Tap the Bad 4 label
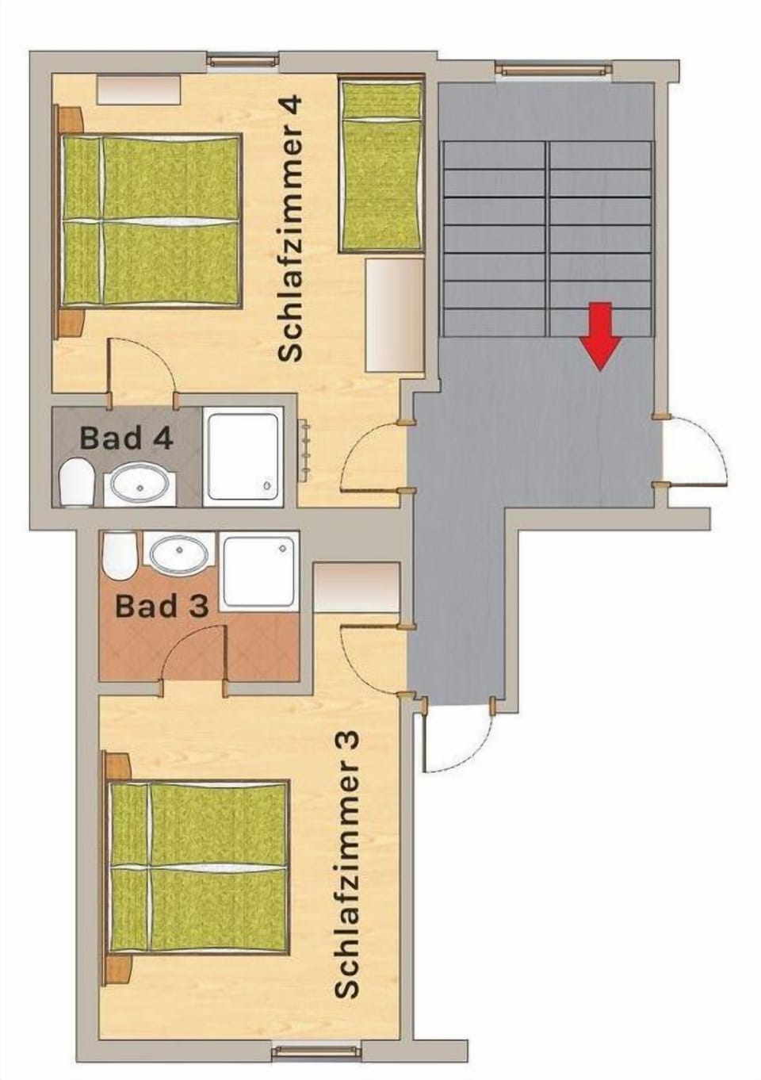point(127,438)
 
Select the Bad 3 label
point(162,607)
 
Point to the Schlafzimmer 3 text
point(347,864)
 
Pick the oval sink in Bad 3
point(179,554)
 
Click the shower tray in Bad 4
point(243,457)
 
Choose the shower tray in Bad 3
point(260,571)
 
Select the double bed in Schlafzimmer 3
point(198,866)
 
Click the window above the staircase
point(555,70)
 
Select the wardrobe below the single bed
point(394,315)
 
